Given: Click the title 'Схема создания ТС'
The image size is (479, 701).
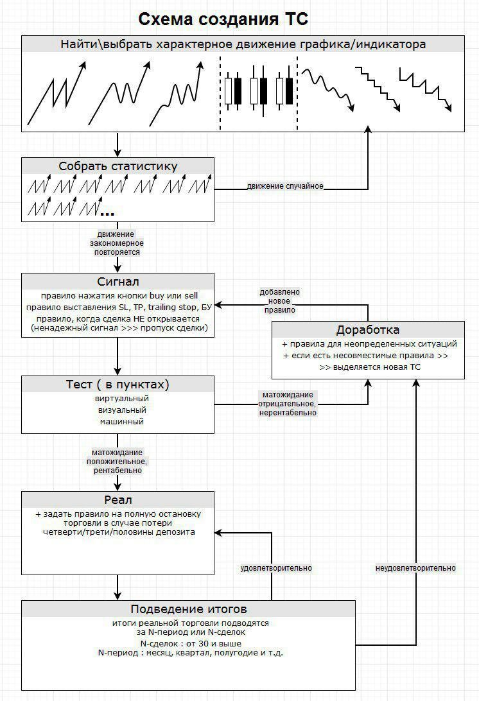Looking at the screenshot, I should click(x=223, y=19).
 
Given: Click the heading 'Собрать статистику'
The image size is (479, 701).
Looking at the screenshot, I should click(x=118, y=166).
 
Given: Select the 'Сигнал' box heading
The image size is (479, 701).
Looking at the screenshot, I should click(x=118, y=282).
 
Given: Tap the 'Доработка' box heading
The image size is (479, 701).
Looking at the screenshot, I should click(x=368, y=330).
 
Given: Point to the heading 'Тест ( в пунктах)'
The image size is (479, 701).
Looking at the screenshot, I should click(x=118, y=385).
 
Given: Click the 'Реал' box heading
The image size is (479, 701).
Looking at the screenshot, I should click(x=118, y=500).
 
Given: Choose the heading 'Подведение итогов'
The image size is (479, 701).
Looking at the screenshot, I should click(x=188, y=609).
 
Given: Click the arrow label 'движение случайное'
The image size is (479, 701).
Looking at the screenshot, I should click(x=285, y=186).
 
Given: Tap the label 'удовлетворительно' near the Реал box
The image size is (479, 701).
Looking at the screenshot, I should click(x=276, y=568).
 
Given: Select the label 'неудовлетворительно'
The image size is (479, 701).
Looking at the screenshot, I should click(x=415, y=568).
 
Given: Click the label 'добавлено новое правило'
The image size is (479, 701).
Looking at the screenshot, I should click(x=280, y=300).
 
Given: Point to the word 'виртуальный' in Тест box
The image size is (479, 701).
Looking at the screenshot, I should click(x=118, y=399).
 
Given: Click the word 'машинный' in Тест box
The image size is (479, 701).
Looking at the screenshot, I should click(x=118, y=422).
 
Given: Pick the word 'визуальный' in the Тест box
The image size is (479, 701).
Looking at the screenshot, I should click(x=118, y=410).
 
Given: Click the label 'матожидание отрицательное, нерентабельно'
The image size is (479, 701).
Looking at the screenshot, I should click(x=287, y=404).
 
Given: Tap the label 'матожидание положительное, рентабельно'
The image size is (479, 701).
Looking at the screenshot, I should click(x=118, y=462).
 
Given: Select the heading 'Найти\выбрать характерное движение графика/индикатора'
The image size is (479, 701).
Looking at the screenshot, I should click(x=243, y=44).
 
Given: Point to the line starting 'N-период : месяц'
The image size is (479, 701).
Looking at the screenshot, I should click(x=188, y=653).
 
